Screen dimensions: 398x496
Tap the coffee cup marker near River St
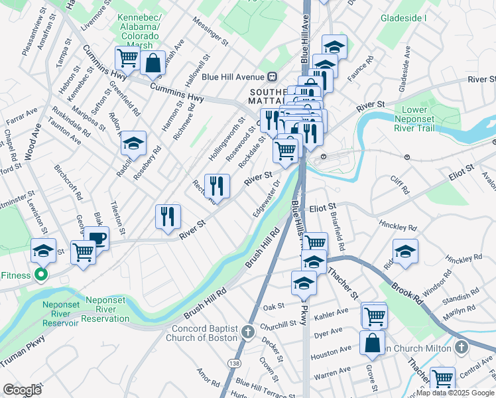[x=96, y=238]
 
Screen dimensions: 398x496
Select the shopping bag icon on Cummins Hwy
[x=153, y=64]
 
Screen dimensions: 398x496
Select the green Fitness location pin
[x=41, y=275]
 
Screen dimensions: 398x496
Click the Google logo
[x=22, y=390]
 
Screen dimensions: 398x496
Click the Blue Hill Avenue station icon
[x=272, y=76]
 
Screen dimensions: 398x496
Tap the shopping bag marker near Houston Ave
[x=372, y=342]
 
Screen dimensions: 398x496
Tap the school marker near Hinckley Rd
[x=405, y=251]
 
